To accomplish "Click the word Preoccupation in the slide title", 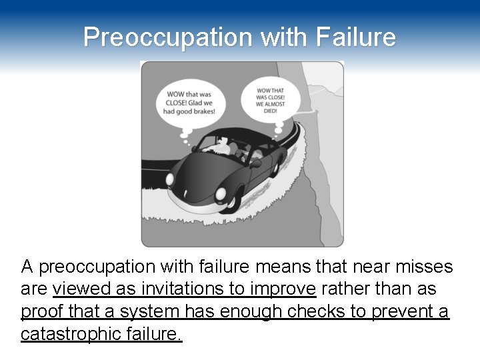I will [x=169, y=37].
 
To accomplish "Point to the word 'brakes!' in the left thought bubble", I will [x=203, y=111].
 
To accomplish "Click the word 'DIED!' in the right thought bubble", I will [x=270, y=112].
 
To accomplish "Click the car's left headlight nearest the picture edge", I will [x=170, y=179].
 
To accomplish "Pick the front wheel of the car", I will [x=231, y=201].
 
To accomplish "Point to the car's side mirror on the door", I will [x=255, y=163].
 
